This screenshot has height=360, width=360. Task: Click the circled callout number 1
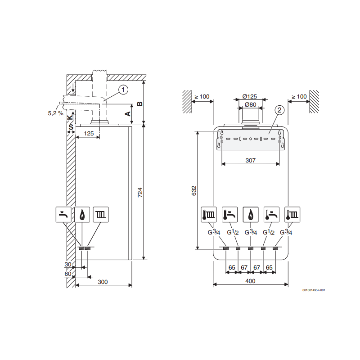point(123,90)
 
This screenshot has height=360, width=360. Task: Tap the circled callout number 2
point(279,110)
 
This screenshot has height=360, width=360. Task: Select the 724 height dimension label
point(140,193)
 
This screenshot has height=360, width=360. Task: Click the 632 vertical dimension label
point(194,191)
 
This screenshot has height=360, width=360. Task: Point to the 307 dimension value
point(250,160)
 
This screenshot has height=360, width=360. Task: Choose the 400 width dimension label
point(250,281)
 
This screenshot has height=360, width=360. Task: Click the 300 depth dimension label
point(103,282)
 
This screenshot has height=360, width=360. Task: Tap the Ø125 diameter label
point(250,96)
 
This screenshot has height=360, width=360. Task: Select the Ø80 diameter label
point(251,105)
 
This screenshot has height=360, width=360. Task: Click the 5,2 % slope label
point(55,113)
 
